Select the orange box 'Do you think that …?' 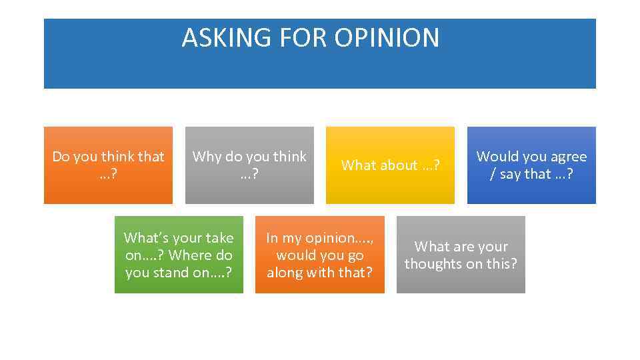click(x=108, y=165)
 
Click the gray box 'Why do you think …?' click(x=249, y=165)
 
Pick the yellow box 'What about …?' click(x=390, y=165)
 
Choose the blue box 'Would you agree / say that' click(x=531, y=165)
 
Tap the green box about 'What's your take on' click(x=179, y=255)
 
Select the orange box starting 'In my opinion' click(x=320, y=255)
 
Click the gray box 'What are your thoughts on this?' click(x=461, y=255)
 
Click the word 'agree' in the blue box click(x=567, y=157)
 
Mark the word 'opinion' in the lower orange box click(x=331, y=238)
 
